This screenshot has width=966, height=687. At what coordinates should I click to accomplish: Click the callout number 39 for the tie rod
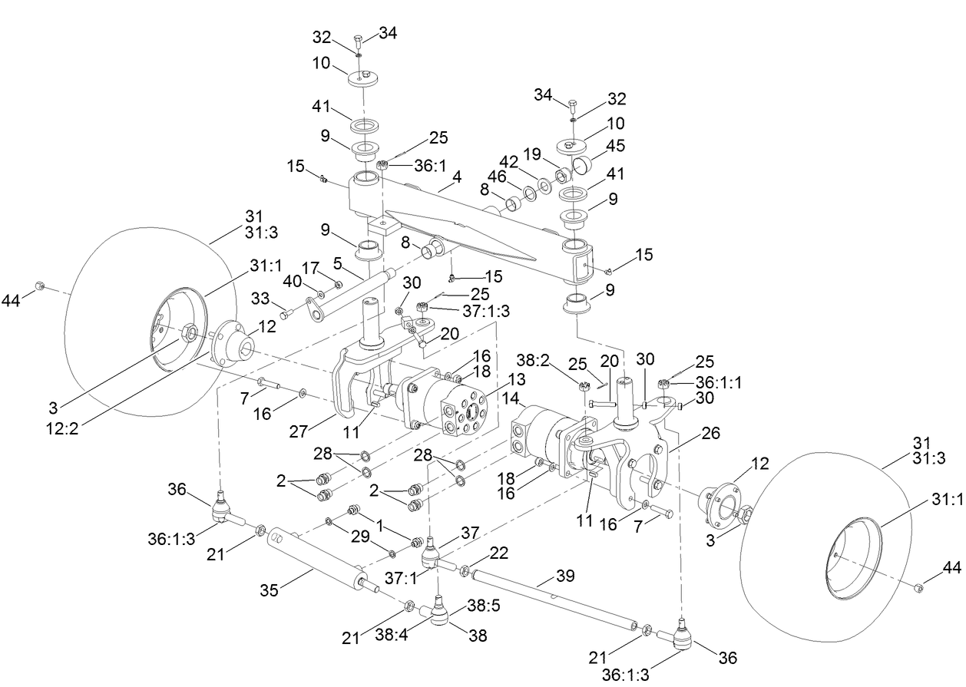[x=564, y=576]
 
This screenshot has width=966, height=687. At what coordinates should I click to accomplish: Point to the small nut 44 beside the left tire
[x=41, y=286]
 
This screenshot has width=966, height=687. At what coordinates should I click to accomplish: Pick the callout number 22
[x=498, y=552]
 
